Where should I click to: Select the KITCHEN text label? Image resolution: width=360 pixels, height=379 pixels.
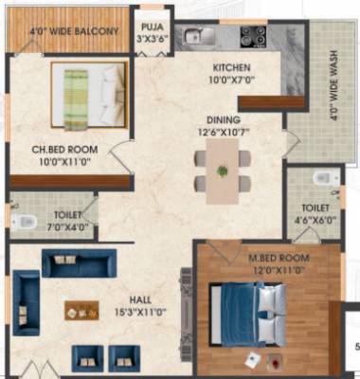pos(231,68)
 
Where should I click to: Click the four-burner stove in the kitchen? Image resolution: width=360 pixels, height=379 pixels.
pos(253,36)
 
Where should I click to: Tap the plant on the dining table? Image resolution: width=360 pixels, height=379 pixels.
pos(223,171)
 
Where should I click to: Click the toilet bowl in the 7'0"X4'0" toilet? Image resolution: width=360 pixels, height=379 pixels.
pos(23,222)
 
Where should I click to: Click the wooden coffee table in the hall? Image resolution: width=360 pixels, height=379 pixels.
pos(81,310)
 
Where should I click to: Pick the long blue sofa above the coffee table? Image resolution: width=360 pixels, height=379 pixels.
pos(78,263)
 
